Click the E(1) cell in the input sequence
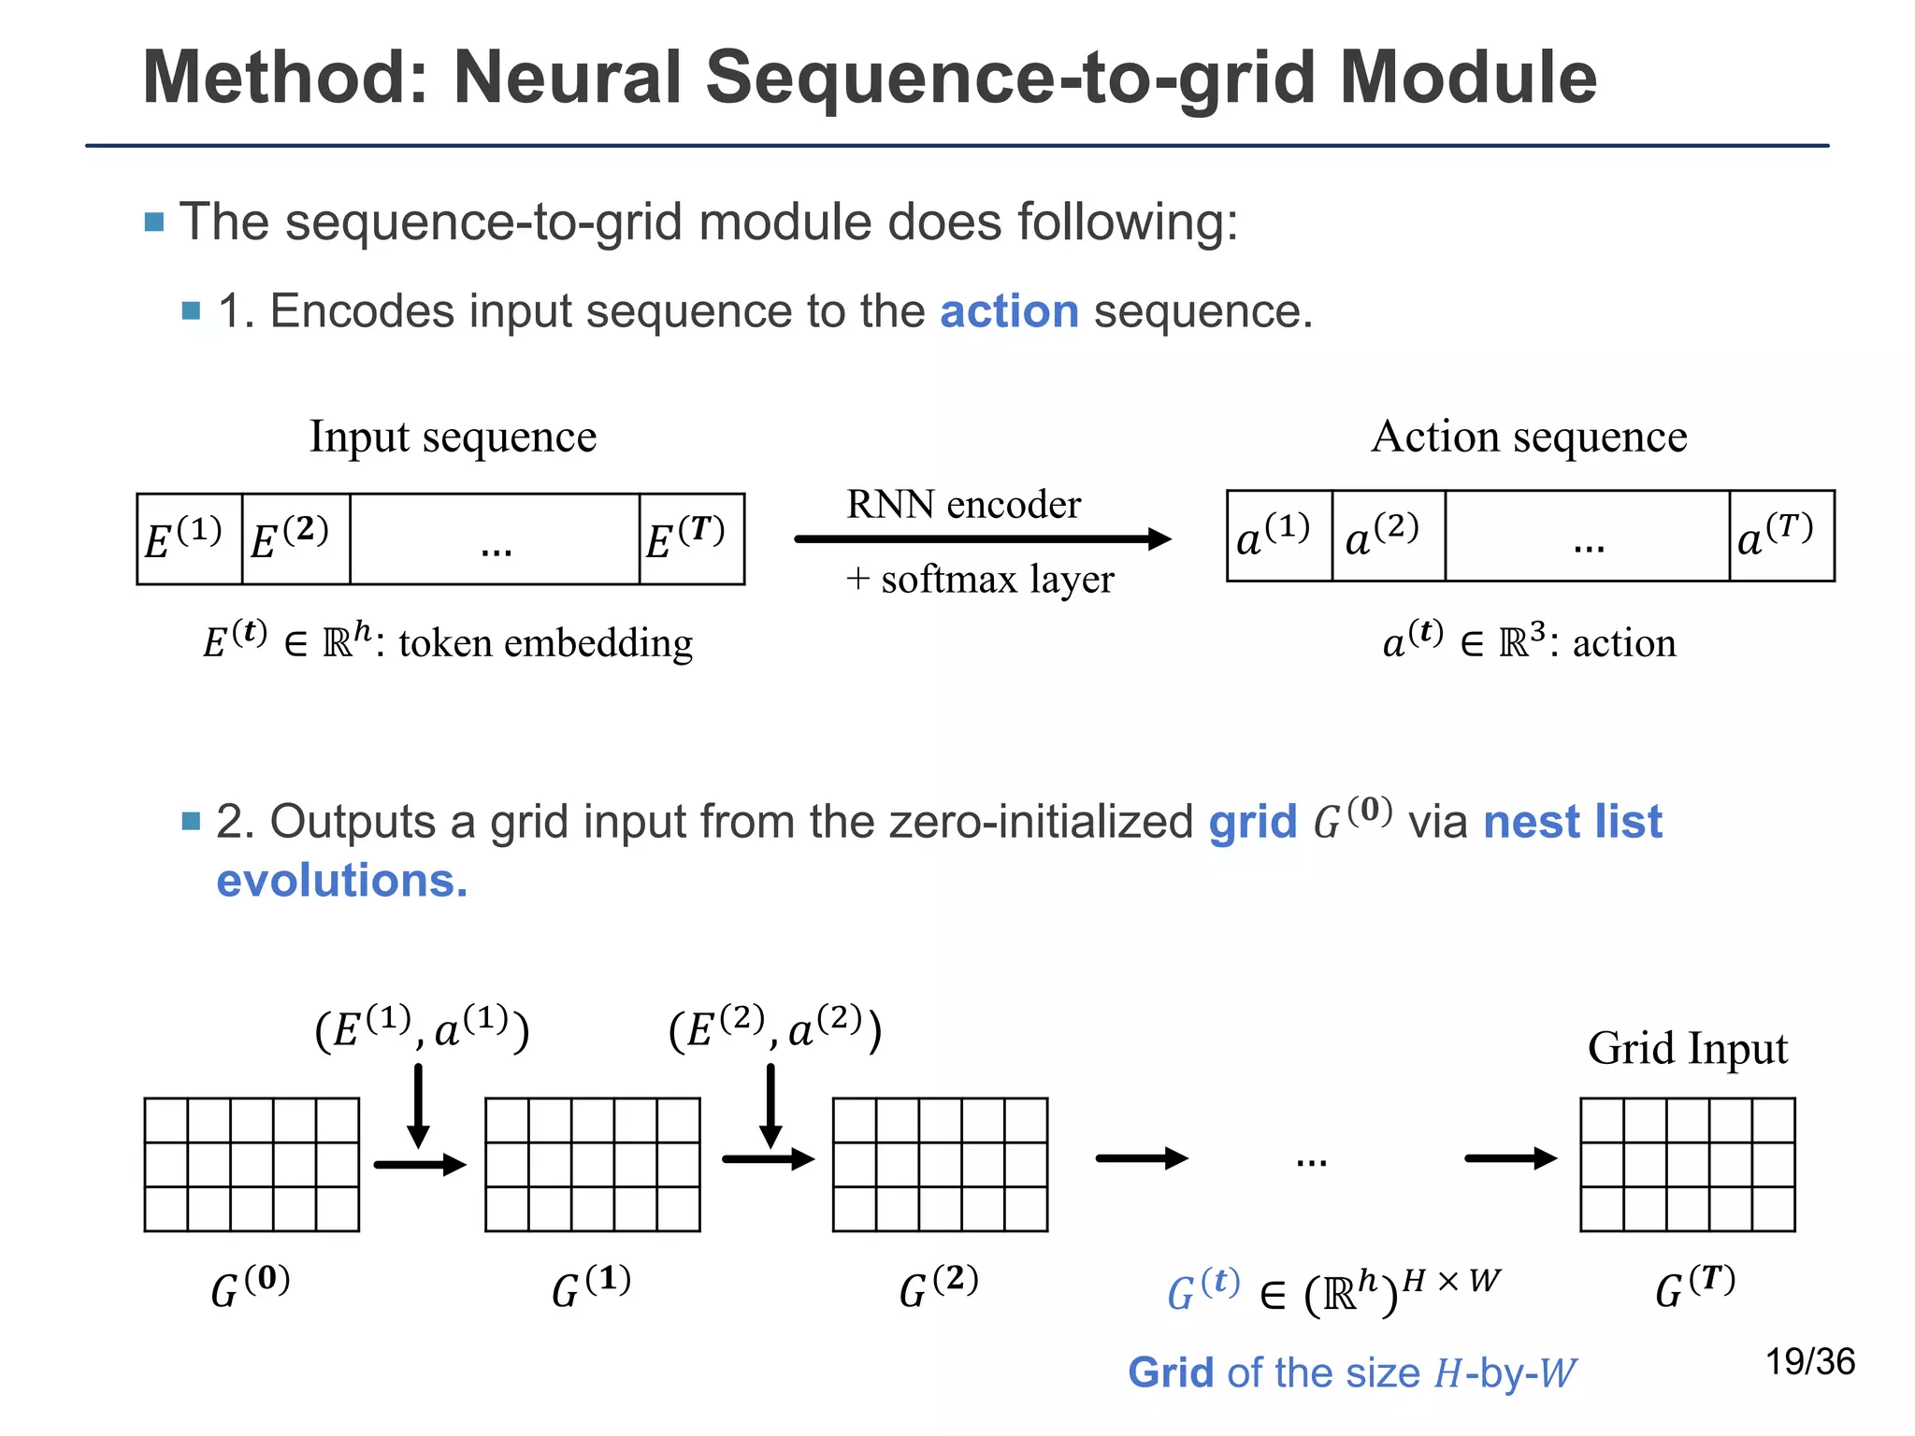click(x=188, y=539)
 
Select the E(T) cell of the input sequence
click(x=691, y=539)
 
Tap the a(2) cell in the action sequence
click(x=1387, y=536)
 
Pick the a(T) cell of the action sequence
click(x=1780, y=536)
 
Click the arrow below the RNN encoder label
click(x=982, y=538)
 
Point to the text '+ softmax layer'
click(x=980, y=580)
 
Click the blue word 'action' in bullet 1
click(x=1009, y=311)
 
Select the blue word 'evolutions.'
click(x=342, y=881)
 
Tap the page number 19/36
click(x=1809, y=1362)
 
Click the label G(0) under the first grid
click(x=251, y=1287)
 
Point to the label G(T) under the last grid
click(x=1694, y=1287)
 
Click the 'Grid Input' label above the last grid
click(x=1687, y=1048)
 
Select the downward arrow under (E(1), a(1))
click(x=418, y=1105)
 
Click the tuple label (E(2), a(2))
click(x=775, y=1030)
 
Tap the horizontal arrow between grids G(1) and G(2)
click(x=768, y=1160)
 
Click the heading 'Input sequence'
click(x=453, y=437)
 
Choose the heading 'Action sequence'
click(x=1529, y=437)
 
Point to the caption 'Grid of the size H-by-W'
click(x=1351, y=1373)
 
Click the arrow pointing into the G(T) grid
click(x=1509, y=1159)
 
